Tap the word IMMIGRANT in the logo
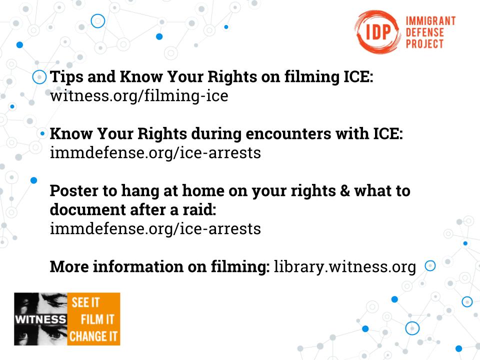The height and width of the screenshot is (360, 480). [x=430, y=21]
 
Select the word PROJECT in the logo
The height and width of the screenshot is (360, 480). [x=424, y=43]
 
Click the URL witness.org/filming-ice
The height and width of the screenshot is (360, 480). [x=139, y=96]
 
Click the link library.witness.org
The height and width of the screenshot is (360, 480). [x=344, y=266]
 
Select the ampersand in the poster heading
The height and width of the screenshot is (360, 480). [x=345, y=190]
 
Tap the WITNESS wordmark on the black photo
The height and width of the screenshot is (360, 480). [x=40, y=319]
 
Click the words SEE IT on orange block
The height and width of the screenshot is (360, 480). [x=85, y=302]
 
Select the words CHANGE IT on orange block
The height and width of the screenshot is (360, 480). [x=93, y=336]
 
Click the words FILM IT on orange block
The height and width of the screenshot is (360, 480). [x=97, y=319]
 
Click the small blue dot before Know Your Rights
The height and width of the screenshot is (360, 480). [x=42, y=134]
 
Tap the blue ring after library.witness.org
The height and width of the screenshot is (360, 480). [x=430, y=261]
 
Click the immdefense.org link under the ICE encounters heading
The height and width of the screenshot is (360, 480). [x=155, y=153]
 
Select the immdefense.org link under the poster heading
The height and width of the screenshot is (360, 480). [x=155, y=228]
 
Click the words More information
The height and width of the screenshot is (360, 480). [x=116, y=266]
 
